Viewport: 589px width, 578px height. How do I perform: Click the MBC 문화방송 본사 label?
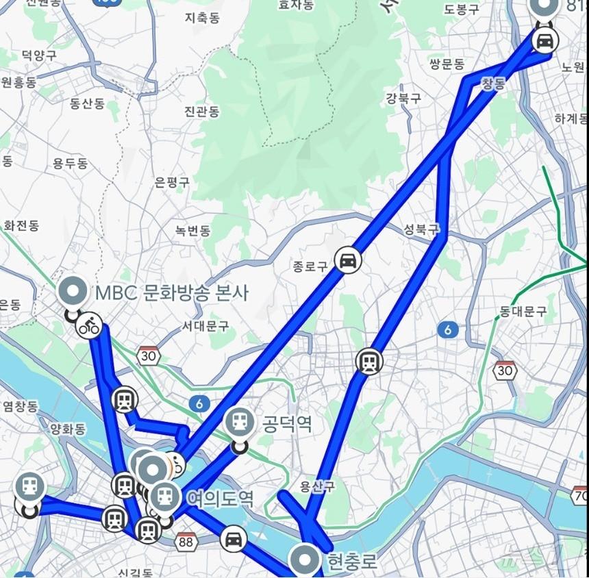(171, 293)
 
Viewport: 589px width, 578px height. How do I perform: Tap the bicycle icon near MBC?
(89, 325)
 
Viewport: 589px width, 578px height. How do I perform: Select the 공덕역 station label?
(287, 425)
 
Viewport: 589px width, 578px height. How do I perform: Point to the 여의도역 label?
(220, 498)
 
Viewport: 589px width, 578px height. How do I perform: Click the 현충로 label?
(352, 563)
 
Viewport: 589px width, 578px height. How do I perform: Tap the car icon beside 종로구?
(348, 260)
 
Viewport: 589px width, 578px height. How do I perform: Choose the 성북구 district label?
(421, 229)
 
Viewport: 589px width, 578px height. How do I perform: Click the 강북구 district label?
(403, 98)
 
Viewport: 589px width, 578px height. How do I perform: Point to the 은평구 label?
(172, 182)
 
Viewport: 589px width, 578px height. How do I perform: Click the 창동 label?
(493, 84)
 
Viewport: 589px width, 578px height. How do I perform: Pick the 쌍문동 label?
(447, 64)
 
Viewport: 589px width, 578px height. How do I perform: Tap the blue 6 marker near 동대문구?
(447, 330)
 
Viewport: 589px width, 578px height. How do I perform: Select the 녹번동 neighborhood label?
(192, 231)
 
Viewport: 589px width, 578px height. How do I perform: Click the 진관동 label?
(202, 111)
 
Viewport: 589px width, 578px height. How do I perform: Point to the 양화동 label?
(67, 429)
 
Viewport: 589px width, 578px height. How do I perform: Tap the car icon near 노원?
(544, 40)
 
